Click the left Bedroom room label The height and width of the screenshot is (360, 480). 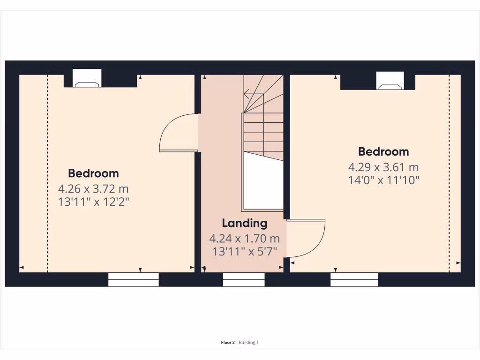93,173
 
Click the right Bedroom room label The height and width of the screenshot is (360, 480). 383,152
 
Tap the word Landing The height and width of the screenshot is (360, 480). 244,223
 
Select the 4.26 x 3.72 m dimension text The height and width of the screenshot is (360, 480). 93,189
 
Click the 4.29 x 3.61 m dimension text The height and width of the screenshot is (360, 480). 383,167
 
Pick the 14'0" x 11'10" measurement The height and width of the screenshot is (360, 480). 383,180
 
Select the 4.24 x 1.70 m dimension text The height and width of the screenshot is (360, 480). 244,239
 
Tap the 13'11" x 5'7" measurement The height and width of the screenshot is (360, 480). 244,251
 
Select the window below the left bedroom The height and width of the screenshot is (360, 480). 134,279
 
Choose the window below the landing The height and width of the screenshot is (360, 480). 244,279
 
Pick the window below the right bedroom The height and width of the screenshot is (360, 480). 354,279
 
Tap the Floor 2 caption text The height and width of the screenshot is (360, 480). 227,343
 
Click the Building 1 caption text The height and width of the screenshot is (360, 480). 248,343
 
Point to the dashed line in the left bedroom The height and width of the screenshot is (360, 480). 47,173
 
